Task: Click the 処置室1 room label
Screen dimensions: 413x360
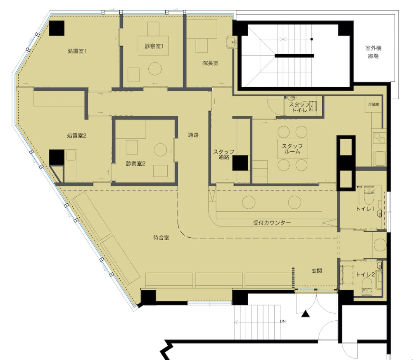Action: pyautogui.click(x=77, y=51)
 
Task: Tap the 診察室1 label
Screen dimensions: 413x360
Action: pyautogui.click(x=154, y=46)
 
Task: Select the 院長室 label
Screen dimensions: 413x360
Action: pyautogui.click(x=210, y=63)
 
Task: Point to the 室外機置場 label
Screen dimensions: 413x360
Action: pyautogui.click(x=373, y=52)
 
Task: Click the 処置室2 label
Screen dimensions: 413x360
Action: pyautogui.click(x=77, y=136)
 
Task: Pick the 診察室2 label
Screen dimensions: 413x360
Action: pyautogui.click(x=135, y=163)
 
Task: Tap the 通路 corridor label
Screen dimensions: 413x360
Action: pyautogui.click(x=193, y=135)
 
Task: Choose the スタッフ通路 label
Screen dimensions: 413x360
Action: pyautogui.click(x=223, y=155)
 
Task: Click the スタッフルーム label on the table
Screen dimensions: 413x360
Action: pyautogui.click(x=292, y=149)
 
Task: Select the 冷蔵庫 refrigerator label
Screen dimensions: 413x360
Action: pyautogui.click(x=373, y=105)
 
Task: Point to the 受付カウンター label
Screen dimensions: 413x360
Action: pyautogui.click(x=272, y=223)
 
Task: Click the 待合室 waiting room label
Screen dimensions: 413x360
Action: pyautogui.click(x=161, y=238)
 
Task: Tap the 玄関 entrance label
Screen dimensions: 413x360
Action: pyautogui.click(x=317, y=271)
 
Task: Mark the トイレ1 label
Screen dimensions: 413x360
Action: pyautogui.click(x=365, y=209)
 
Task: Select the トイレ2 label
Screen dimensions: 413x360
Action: pyautogui.click(x=365, y=274)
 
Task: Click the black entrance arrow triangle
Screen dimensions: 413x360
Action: pyautogui.click(x=305, y=314)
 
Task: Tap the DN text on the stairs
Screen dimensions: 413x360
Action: pyautogui.click(x=282, y=321)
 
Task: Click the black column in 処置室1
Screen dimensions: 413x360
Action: pyautogui.click(x=57, y=28)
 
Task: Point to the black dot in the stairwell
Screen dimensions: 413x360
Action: pyautogui.click(x=311, y=39)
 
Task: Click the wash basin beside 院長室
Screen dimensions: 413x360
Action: pyautogui.click(x=231, y=42)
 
